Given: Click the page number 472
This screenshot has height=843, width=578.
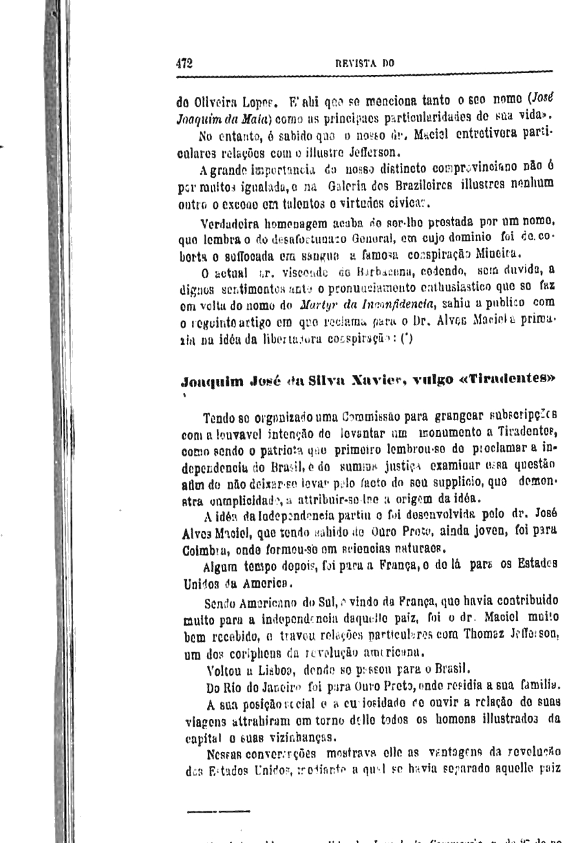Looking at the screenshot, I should pos(184,63).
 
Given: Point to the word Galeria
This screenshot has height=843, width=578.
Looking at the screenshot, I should pos(347,188).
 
